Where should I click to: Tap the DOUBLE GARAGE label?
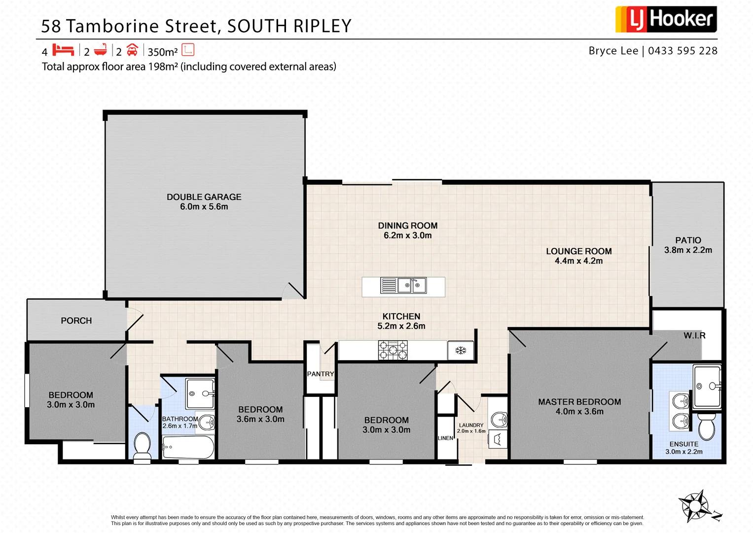click(204, 197)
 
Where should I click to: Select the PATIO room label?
click(688, 240)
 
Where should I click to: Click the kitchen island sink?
click(412, 285)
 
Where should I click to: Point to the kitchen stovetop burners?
click(393, 350)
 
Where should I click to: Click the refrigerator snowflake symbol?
click(461, 350)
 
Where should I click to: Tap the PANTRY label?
click(321, 374)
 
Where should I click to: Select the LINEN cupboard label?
click(445, 438)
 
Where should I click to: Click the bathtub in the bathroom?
click(188, 447)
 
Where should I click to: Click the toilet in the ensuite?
click(707, 426)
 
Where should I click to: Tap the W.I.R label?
click(694, 336)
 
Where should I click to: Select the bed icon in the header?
click(63, 50)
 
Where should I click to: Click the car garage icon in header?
click(132, 50)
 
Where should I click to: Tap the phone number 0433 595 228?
click(682, 51)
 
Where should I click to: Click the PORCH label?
click(76, 321)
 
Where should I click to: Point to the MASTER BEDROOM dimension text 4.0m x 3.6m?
click(579, 412)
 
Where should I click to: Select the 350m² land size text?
click(163, 52)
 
